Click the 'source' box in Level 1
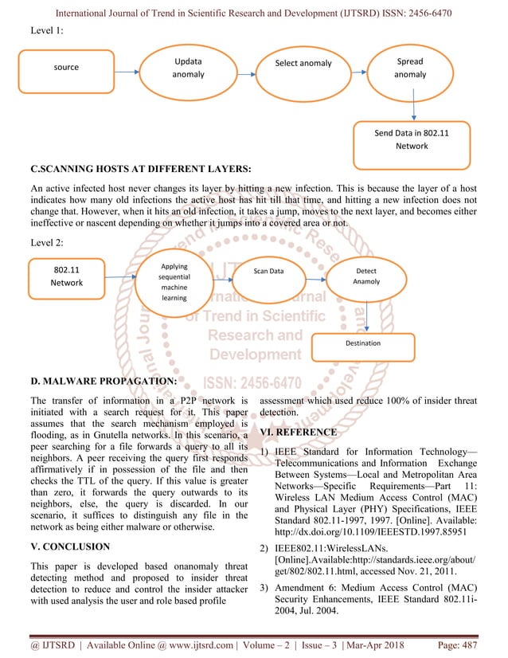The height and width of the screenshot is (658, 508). [66, 68]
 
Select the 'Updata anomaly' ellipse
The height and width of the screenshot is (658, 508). [188, 68]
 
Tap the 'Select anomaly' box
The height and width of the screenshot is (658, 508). [303, 64]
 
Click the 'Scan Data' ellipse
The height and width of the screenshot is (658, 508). [268, 272]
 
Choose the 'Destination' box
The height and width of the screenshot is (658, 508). [362, 343]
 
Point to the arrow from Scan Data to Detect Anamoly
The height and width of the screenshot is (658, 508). [316, 275]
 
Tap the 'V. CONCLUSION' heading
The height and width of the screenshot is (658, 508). [74, 547]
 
